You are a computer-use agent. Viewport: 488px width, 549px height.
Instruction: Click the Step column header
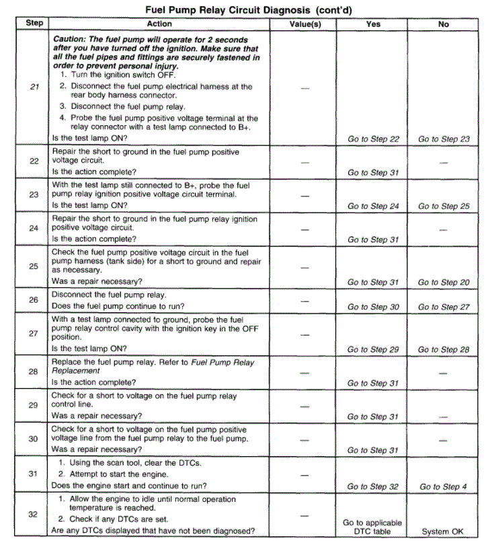click(x=34, y=24)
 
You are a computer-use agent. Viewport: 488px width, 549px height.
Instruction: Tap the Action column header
click(x=159, y=24)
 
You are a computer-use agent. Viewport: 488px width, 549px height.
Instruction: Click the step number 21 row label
click(x=34, y=86)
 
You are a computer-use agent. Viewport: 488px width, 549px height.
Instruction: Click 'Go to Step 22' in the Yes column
click(x=373, y=139)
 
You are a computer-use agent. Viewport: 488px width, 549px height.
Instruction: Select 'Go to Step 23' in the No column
click(x=444, y=139)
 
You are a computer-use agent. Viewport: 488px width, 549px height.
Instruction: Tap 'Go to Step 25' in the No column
click(x=444, y=207)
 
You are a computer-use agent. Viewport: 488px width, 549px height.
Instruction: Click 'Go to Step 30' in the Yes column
click(x=373, y=307)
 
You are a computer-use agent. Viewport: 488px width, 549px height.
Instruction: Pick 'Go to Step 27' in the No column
click(x=444, y=307)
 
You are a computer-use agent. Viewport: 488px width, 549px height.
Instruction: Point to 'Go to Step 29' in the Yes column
click(x=373, y=350)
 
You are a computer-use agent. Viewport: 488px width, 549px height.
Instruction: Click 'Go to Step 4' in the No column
click(x=444, y=486)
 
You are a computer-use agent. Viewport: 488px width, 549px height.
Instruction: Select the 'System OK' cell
click(x=443, y=532)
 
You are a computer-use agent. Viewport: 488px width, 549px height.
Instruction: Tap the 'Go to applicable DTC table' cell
click(x=373, y=527)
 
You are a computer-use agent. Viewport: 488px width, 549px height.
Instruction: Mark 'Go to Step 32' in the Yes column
click(x=373, y=486)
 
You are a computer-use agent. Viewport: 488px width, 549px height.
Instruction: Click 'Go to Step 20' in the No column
click(x=444, y=283)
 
